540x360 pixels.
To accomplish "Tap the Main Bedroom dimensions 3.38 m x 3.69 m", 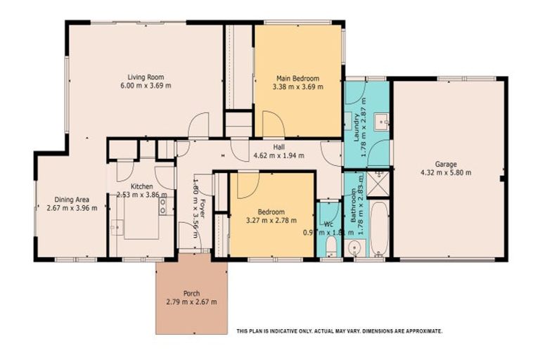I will (x=297, y=87).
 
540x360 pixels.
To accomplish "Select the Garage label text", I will (x=445, y=164).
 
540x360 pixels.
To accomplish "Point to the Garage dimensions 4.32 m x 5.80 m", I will (x=445, y=172).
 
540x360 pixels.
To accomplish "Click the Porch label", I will (x=191, y=293).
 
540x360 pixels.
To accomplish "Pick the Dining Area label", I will (x=71, y=199).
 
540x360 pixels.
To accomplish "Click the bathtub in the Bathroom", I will (x=379, y=229).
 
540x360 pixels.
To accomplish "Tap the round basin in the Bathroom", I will (x=355, y=247).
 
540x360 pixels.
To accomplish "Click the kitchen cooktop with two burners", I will (x=163, y=205).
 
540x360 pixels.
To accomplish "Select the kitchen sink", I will (x=117, y=227).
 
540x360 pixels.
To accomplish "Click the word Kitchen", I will (x=141, y=186).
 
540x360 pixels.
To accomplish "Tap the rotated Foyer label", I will (x=202, y=208).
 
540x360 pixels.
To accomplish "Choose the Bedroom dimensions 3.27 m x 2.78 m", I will (x=271, y=220).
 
